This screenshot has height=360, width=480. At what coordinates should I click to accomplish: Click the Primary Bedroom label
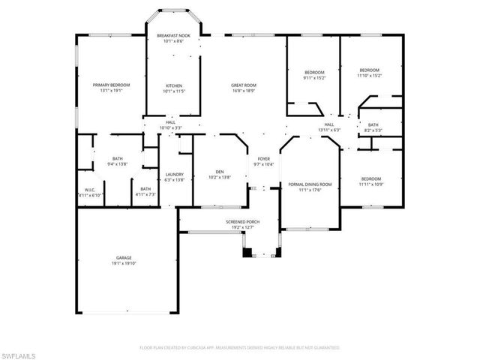click(x=111, y=85)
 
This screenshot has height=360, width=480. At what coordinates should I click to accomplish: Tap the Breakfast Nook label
click(x=173, y=35)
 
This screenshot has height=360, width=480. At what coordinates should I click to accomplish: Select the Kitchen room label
click(x=173, y=85)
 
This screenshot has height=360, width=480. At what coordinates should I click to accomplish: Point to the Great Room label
click(x=244, y=85)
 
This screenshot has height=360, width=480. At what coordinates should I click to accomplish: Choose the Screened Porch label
click(x=242, y=223)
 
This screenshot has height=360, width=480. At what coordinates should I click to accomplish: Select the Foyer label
click(x=264, y=159)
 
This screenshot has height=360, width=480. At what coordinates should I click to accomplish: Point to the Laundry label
click(x=174, y=175)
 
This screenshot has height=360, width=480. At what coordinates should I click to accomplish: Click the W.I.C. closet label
click(x=90, y=190)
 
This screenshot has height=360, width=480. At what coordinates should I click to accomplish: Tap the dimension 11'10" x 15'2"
click(x=368, y=75)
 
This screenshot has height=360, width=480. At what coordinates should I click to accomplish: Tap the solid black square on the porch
click(x=247, y=253)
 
